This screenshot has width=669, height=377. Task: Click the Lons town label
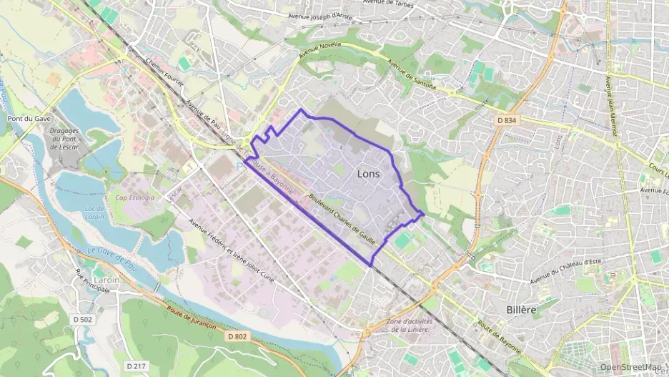point(369,174)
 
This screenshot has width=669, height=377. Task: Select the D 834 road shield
point(505,121)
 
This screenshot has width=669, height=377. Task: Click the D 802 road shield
point(237,336)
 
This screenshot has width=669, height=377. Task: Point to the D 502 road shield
point(82,319)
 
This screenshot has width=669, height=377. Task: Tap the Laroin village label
point(107,280)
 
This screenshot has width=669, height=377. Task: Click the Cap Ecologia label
point(135,197)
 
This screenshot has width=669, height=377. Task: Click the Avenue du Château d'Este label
point(565,270)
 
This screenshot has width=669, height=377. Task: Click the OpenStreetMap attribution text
point(630,368)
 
